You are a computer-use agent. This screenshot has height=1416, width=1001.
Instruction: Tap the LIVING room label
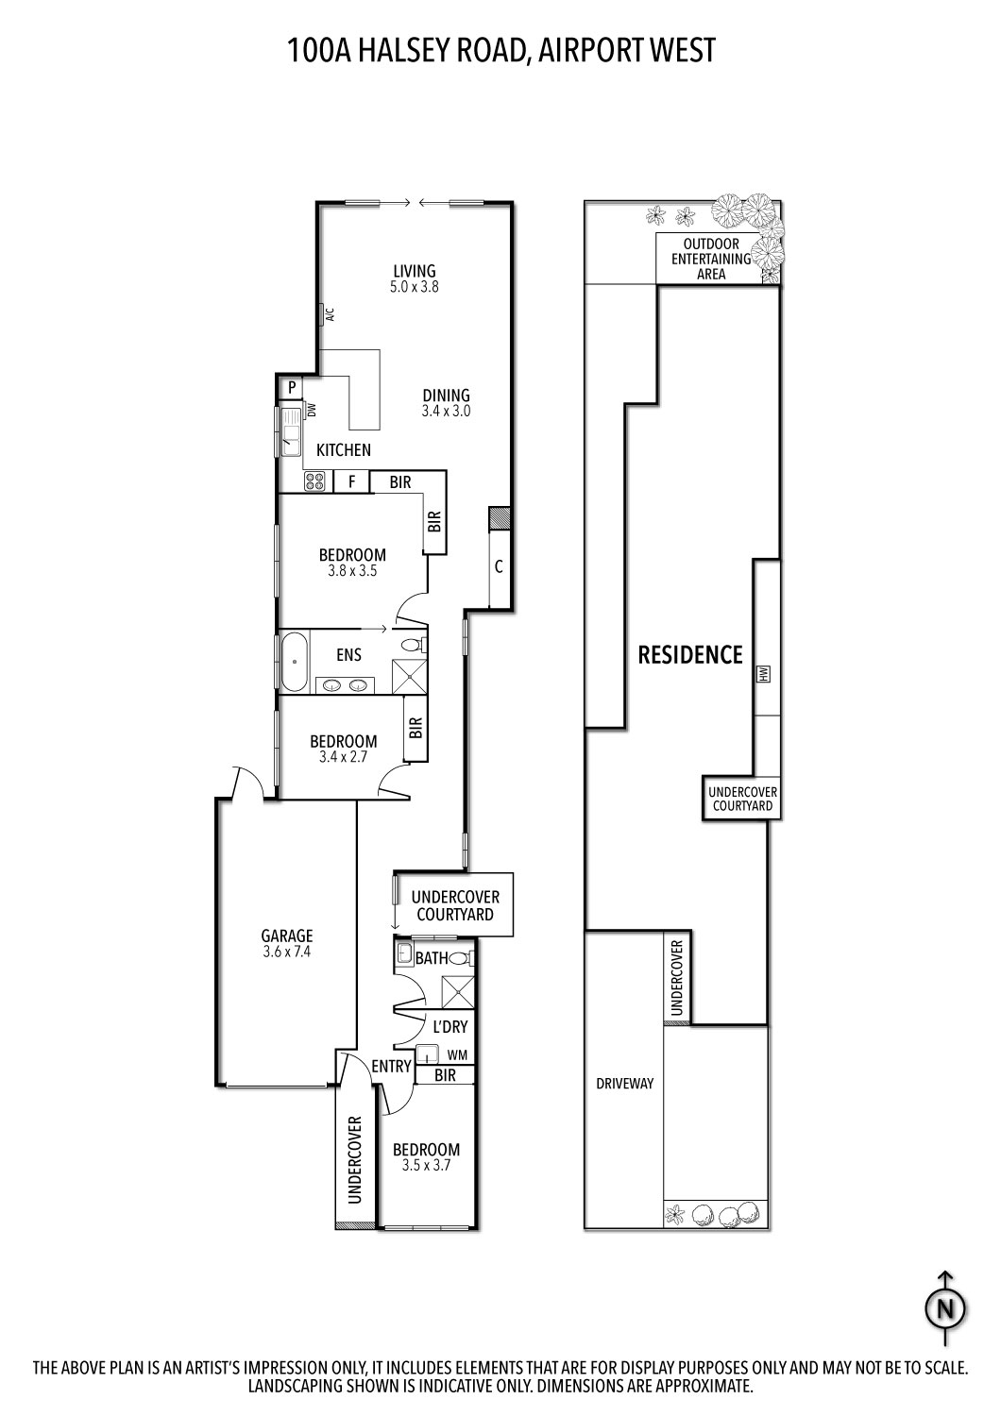[415, 278]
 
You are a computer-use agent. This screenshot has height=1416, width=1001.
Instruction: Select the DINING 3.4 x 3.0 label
[446, 403]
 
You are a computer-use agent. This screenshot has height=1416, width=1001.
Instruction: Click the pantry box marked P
[292, 387]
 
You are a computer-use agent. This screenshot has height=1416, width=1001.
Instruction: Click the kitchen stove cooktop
[314, 482]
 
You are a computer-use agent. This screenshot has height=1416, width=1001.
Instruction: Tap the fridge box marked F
[352, 482]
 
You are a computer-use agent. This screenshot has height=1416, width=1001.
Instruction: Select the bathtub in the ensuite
[294, 661]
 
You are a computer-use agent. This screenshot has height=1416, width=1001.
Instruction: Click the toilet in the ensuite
[413, 646]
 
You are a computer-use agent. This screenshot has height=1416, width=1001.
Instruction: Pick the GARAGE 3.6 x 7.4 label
[286, 944]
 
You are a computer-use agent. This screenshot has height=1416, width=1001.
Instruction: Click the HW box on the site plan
[764, 674]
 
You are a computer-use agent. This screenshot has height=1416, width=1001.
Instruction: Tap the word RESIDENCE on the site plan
[690, 654]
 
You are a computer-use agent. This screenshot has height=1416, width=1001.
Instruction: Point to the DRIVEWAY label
[624, 1084]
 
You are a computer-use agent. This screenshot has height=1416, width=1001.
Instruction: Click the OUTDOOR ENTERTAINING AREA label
[711, 259]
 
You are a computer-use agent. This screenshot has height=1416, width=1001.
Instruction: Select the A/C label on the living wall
[330, 315]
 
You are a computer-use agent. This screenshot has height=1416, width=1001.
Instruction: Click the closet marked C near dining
[499, 568]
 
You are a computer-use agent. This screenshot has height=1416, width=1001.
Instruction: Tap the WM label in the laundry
[457, 1054]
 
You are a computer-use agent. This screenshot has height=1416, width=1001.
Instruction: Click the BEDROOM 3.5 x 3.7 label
[427, 1157]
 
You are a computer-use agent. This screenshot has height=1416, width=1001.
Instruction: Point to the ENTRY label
[391, 1067]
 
